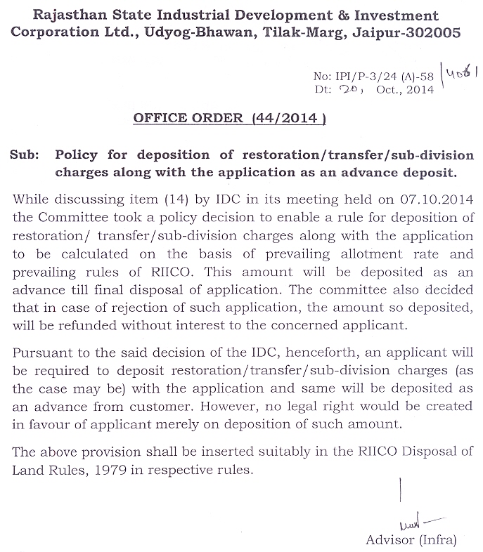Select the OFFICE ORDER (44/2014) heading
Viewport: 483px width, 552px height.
pyautogui.click(x=229, y=119)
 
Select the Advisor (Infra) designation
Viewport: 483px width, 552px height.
pyautogui.click(x=411, y=540)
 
